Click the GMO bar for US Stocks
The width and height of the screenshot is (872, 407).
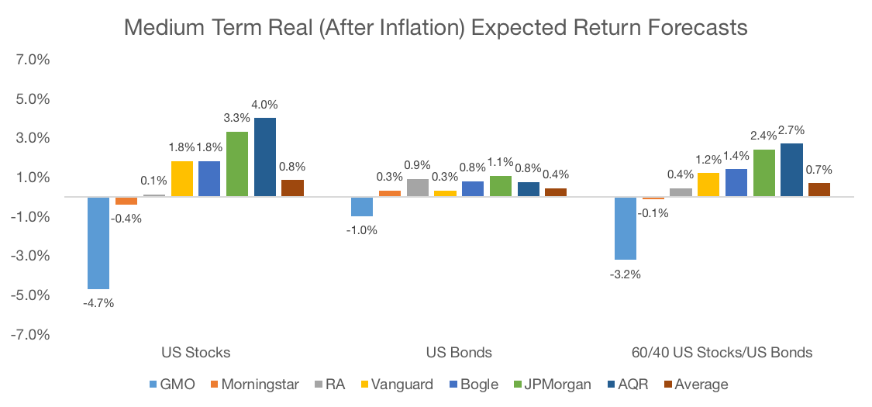[x=98, y=243]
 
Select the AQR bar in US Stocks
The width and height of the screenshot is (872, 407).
[x=265, y=157]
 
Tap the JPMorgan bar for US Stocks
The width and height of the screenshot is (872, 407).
[x=237, y=164]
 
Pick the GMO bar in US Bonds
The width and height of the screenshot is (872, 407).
[x=362, y=206]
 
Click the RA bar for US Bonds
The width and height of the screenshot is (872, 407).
[x=417, y=188]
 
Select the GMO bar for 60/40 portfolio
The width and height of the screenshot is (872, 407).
[x=626, y=228]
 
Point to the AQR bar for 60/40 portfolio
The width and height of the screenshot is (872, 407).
[x=791, y=170]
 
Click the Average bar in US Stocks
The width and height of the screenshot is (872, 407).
[x=292, y=188]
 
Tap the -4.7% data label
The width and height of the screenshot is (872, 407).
[x=98, y=303]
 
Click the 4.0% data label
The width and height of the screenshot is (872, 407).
[x=265, y=105]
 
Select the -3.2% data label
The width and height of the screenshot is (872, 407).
[x=626, y=274]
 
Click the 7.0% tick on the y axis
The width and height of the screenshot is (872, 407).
[x=33, y=60]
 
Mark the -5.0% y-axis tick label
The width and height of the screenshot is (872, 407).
[x=32, y=295]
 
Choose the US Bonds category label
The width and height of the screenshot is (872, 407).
[x=459, y=353]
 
